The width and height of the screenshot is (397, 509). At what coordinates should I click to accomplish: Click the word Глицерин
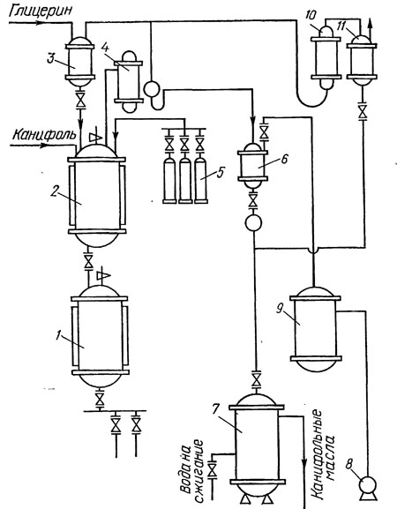(x=41, y=11)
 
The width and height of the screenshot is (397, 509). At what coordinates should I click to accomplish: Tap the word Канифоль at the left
(x=44, y=133)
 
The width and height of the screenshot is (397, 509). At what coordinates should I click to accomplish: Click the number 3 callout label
(x=50, y=59)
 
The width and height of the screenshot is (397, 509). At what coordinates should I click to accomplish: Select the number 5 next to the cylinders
(x=220, y=173)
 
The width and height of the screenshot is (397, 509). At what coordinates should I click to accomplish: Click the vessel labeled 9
(x=315, y=329)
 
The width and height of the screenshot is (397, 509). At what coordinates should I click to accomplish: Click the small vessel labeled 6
(x=252, y=166)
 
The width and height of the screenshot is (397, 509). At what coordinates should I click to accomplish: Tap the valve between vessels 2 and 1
(x=88, y=260)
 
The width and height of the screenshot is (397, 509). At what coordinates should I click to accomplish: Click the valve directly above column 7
(x=257, y=378)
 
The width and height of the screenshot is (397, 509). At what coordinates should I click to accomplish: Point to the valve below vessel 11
(x=362, y=112)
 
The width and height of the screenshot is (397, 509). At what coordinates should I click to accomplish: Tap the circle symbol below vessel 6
(x=253, y=222)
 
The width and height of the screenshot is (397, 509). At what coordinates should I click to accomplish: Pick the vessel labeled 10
(x=326, y=58)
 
